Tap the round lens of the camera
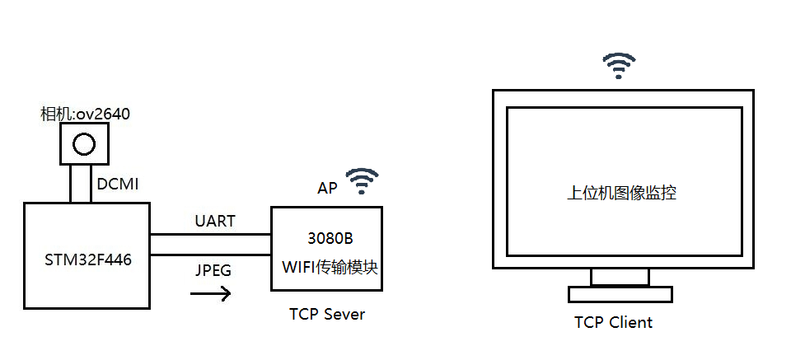click(x=83, y=145)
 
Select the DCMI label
click(x=117, y=185)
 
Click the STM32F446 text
click(x=87, y=260)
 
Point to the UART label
click(x=215, y=221)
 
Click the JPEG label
click(x=213, y=269)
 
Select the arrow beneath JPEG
click(x=210, y=292)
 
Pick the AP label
click(x=327, y=188)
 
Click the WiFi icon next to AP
click(x=362, y=180)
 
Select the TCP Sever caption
click(x=327, y=314)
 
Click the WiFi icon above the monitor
click(x=619, y=65)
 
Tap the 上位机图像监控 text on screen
click(x=622, y=194)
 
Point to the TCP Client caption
click(x=613, y=322)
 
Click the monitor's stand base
click(x=620, y=294)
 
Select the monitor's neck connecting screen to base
click(x=620, y=277)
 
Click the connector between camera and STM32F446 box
click(x=81, y=183)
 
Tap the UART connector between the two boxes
click(x=211, y=245)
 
